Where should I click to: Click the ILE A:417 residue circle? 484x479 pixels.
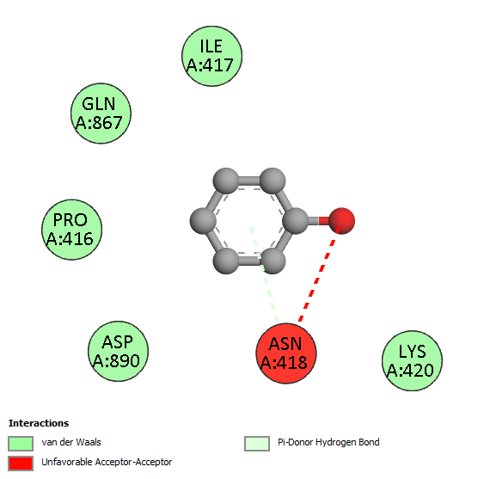[211, 56]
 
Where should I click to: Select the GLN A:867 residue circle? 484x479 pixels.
[101, 114]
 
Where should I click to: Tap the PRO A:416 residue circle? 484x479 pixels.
[72, 230]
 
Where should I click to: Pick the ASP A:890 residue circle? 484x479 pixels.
[119, 351]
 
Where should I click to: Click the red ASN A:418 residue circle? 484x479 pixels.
[285, 353]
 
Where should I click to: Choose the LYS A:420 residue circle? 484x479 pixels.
[412, 360]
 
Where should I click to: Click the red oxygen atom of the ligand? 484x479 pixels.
[341, 221]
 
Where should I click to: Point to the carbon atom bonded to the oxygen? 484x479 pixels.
[296, 221]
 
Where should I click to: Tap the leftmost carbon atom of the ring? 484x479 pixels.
[203, 221]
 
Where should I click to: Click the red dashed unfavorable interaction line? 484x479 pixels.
[319, 275]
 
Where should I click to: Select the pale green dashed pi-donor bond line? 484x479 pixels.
[264, 274]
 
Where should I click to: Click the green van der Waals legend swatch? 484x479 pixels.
[21, 444]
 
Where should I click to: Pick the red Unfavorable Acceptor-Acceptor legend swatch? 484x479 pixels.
[21, 464]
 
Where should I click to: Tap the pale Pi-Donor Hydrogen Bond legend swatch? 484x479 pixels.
[257, 444]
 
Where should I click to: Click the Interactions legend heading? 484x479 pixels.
[39, 423]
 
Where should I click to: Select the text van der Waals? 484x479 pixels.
[71, 442]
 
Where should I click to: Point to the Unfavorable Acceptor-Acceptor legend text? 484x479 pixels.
[107, 462]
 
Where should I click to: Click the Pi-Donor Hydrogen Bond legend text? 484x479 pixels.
[328, 442]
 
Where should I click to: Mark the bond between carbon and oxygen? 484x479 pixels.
[318, 221]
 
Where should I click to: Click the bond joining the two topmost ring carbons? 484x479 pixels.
[249, 181]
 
